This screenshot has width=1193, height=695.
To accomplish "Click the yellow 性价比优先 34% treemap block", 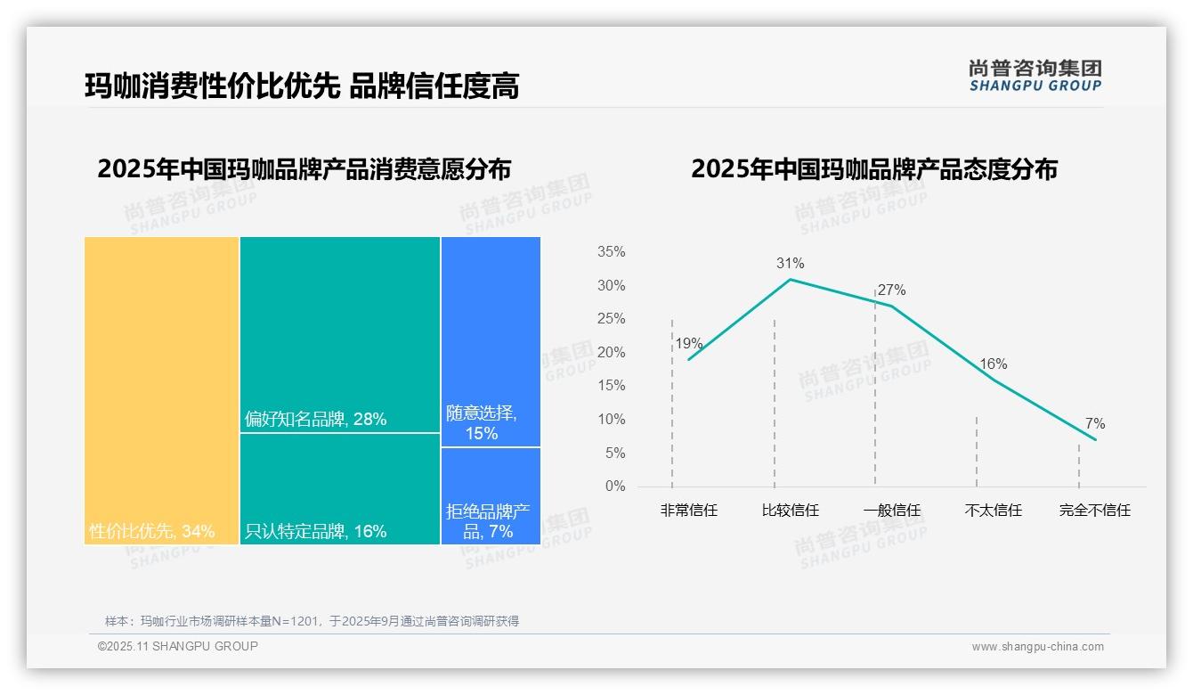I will (x=162, y=389).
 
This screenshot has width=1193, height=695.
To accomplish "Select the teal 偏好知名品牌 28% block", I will (x=340, y=334).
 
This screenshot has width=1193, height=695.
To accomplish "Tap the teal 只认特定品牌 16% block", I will (x=340, y=488).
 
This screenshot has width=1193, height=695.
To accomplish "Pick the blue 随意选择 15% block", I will (x=491, y=341).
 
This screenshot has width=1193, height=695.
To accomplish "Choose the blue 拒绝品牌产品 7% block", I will (x=491, y=495).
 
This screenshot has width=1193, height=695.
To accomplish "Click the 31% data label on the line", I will (x=790, y=263).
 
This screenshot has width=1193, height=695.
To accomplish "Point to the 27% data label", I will (x=891, y=290).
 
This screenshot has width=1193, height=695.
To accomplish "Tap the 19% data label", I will (x=688, y=343).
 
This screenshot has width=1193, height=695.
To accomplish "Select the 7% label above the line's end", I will (x=1095, y=423).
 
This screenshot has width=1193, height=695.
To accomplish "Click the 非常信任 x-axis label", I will (x=688, y=511).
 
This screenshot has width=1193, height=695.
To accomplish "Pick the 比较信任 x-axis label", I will (x=790, y=511).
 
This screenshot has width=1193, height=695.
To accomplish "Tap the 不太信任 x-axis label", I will (x=994, y=511).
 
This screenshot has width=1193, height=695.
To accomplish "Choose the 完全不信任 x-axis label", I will (x=1095, y=511).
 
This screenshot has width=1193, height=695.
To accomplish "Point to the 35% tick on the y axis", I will (x=611, y=252).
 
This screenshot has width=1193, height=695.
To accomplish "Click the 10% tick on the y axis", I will (x=611, y=420).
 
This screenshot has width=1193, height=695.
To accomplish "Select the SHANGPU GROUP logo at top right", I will (x=1035, y=76).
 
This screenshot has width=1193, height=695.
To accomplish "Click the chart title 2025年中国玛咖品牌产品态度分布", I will (x=874, y=169).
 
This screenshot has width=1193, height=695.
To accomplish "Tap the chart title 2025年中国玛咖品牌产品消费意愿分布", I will (x=304, y=169).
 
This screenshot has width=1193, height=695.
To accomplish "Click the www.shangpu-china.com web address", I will (x=1037, y=647).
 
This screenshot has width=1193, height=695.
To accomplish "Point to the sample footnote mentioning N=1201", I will (x=312, y=621).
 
